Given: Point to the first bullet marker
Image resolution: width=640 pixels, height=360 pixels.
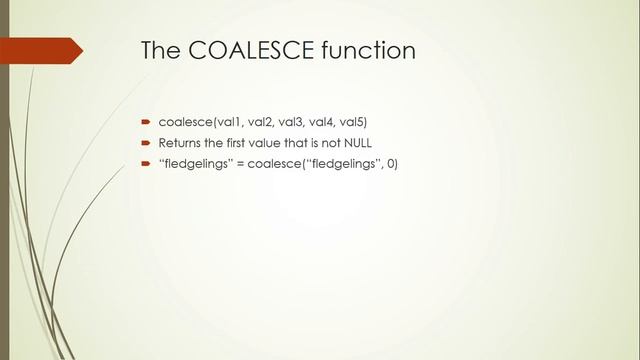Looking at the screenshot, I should [145, 123].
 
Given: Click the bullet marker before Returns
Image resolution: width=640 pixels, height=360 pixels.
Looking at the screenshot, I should [145, 143].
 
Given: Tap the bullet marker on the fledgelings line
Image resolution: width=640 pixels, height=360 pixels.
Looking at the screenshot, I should [145, 164].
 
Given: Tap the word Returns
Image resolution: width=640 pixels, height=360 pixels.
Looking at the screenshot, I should [180, 143].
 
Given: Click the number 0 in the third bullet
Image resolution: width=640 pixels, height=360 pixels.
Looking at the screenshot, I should [391, 164].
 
